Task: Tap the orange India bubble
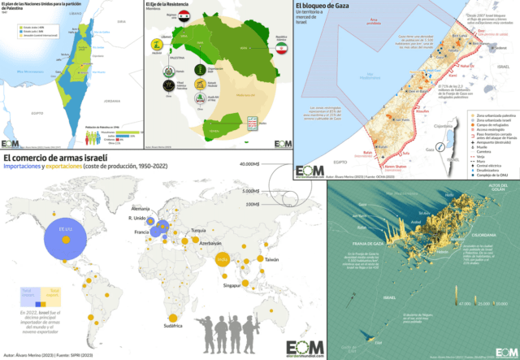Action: (222, 260)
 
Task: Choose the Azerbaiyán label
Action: (207, 242)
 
